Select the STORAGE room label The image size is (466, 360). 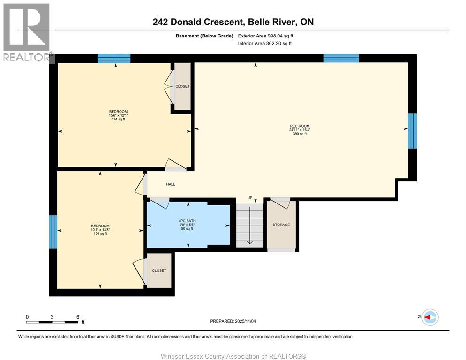(x=281, y=225)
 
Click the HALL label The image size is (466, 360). (x=171, y=184)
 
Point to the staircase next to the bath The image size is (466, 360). (x=249, y=225)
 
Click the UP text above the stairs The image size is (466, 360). (x=251, y=198)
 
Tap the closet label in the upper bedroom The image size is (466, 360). (x=182, y=86)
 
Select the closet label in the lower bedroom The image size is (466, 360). (x=159, y=270)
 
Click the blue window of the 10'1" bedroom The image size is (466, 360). (x=53, y=232)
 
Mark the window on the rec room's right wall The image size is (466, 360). (x=412, y=131)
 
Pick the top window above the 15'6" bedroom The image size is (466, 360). (x=114, y=59)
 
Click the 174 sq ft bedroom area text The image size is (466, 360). (x=118, y=120)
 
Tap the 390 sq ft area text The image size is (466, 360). (x=300, y=134)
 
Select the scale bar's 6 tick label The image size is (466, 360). (x=77, y=317)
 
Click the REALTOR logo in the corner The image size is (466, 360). (x=27, y=33)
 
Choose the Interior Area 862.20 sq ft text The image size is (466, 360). (x=265, y=44)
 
